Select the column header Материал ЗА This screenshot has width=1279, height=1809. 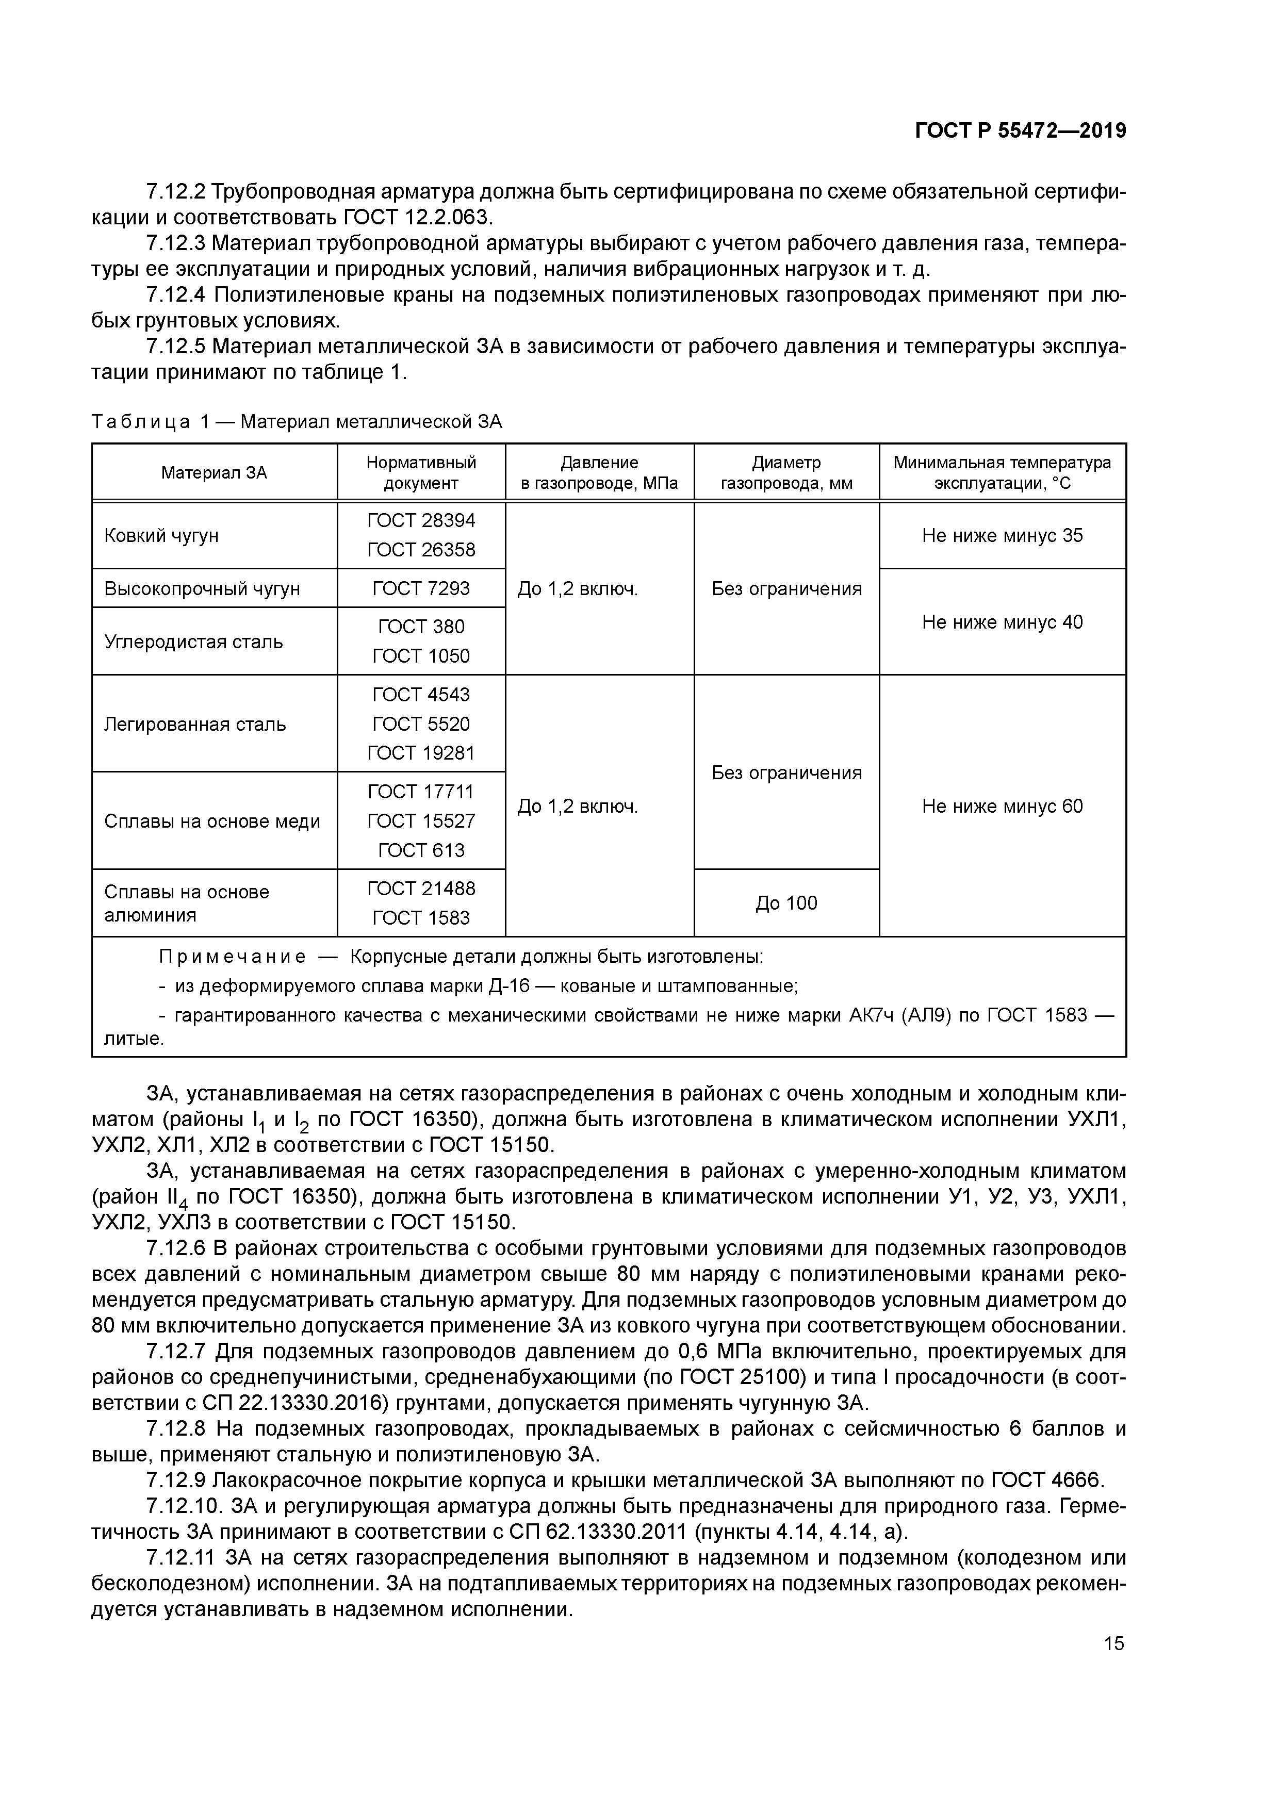215,473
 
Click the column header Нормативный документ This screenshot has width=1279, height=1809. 421,473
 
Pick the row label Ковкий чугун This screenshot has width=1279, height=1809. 161,536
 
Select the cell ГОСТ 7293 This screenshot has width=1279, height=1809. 421,588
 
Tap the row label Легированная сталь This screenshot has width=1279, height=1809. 194,724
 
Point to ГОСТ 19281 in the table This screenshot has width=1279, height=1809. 421,753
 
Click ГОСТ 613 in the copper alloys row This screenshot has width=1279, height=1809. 421,850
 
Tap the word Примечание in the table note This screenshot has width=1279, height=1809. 233,957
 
